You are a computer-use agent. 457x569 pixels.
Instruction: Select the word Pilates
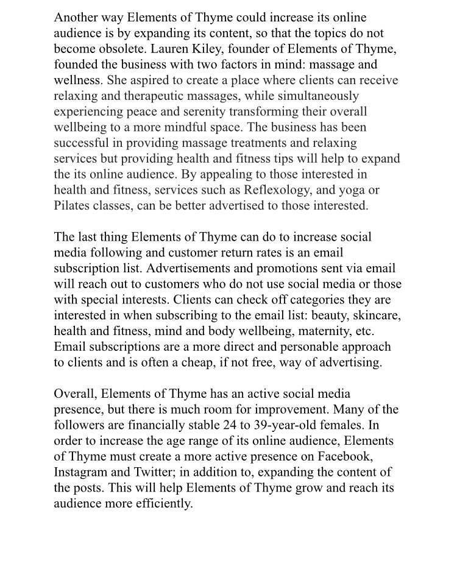coord(73,206)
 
